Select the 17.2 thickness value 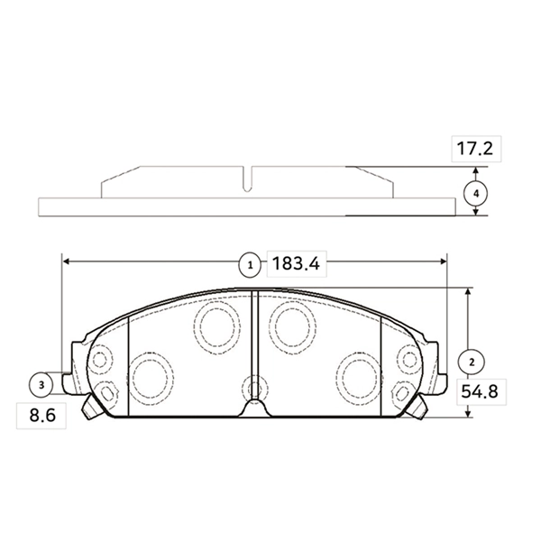pyautogui.click(x=474, y=149)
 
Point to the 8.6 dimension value pyautogui.click(x=41, y=417)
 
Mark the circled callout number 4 pyautogui.click(x=476, y=193)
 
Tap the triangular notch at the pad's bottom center pyautogui.click(x=255, y=408)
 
